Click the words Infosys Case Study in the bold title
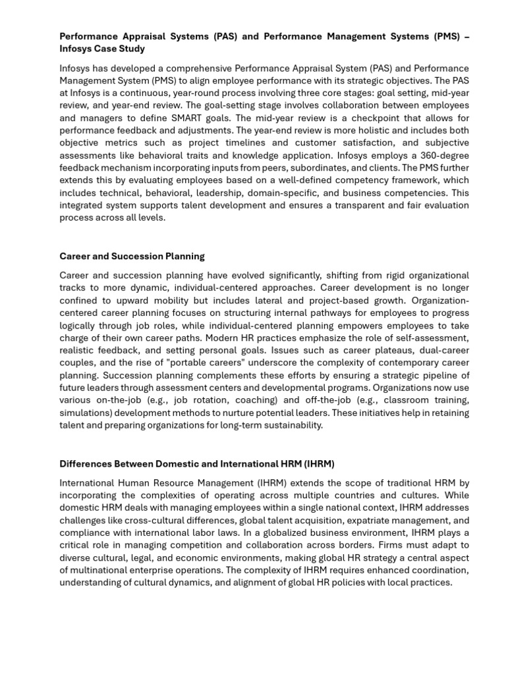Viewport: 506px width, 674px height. pos(102,49)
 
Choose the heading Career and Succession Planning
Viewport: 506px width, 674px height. pos(132,256)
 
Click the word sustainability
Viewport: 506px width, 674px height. pos(291,425)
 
